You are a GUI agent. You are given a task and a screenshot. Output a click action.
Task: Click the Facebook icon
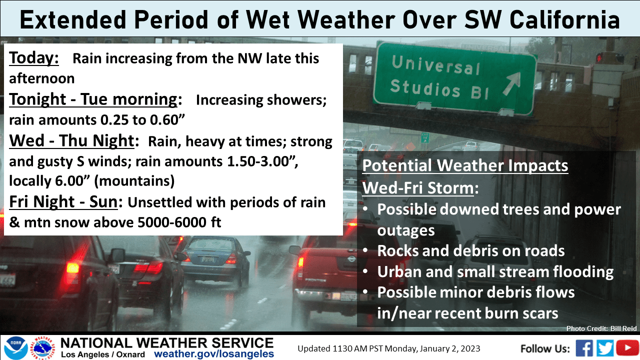pyautogui.click(x=584, y=348)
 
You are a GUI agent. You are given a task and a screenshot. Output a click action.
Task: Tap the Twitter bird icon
pyautogui.click(x=605, y=348)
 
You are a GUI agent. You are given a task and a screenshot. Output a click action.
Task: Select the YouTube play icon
pyautogui.click(x=627, y=348)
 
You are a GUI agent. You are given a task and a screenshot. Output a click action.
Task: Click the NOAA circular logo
pyautogui.click(x=15, y=348)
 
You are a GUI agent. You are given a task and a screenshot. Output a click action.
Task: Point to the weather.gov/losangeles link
pyautogui.click(x=214, y=353)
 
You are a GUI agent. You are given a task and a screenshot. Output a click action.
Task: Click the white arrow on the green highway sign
pyautogui.click(x=511, y=83)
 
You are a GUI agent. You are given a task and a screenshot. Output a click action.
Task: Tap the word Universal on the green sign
pyautogui.click(x=435, y=65)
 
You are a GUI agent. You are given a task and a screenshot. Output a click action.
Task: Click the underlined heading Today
pyautogui.click(x=34, y=58)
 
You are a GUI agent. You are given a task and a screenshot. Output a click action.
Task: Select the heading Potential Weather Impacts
pyautogui.click(x=465, y=165)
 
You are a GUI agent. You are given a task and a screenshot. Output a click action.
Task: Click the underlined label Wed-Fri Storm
pyautogui.click(x=418, y=188)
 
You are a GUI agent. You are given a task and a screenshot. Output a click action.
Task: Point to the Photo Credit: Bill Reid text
pyautogui.click(x=601, y=328)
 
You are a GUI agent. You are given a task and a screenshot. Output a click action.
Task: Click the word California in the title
pyautogui.click(x=564, y=20)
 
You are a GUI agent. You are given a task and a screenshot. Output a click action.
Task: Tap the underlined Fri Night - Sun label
pyautogui.click(x=63, y=201)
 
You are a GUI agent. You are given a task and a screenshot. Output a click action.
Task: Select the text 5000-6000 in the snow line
pyautogui.click(x=172, y=222)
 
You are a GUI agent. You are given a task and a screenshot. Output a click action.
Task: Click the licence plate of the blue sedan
pyautogui.click(x=208, y=259)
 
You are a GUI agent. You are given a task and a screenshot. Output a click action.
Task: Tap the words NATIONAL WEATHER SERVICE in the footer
pyautogui.click(x=167, y=342)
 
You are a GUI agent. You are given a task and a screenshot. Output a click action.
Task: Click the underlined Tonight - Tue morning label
pyautogui.click(x=93, y=99)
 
